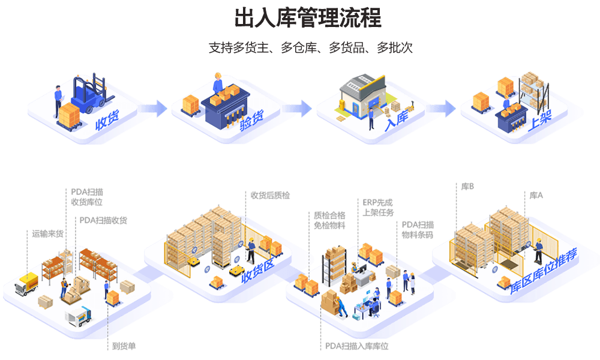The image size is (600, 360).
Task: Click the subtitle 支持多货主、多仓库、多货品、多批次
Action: [x=310, y=48]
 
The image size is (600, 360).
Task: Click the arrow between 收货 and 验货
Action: [x=152, y=108]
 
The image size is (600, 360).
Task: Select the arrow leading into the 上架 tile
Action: [x=443, y=108]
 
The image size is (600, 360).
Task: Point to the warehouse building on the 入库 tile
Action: [x=362, y=96]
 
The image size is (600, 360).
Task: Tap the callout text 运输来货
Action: [x=48, y=233]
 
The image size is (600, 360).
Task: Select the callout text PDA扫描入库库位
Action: [x=357, y=346]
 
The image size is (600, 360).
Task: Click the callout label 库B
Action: [x=467, y=187]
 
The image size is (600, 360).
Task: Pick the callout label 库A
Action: [x=536, y=195]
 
